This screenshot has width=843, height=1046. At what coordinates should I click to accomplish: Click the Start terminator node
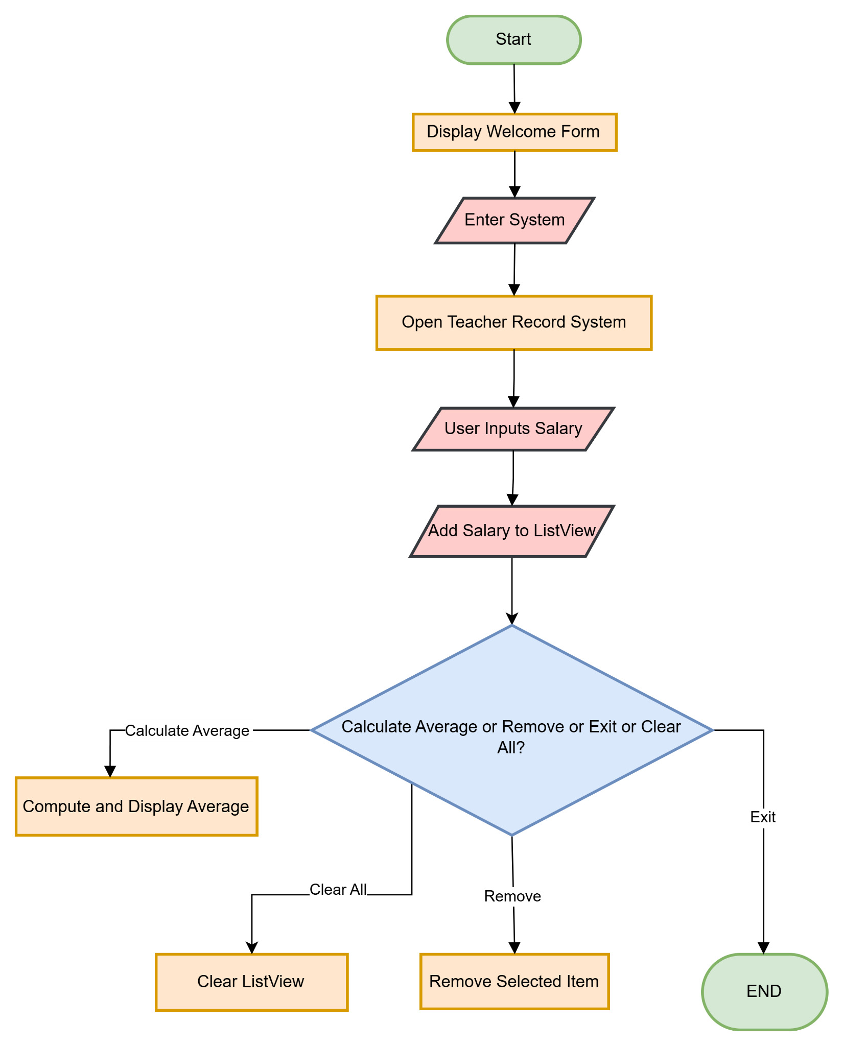513,40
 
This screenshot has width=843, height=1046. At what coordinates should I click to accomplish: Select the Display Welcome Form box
514,132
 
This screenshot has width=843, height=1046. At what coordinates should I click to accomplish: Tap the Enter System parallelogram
514,220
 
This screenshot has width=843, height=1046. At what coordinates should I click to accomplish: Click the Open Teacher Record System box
513,322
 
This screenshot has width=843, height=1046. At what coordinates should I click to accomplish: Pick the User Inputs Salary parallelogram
513,429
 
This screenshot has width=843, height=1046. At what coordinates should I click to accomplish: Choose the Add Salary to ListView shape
512,531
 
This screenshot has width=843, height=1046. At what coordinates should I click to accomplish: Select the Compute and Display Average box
136,806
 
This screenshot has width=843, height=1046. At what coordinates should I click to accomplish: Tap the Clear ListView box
251,982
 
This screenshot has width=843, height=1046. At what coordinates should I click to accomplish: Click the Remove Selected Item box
514,981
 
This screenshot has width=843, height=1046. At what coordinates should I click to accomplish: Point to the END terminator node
764,991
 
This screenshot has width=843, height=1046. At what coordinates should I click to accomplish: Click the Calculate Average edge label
187,731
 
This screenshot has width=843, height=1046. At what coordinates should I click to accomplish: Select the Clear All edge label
338,890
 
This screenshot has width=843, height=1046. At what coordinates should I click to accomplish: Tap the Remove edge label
512,896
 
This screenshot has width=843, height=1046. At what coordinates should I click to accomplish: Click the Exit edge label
763,817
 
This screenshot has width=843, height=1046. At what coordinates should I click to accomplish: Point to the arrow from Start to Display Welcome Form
514,87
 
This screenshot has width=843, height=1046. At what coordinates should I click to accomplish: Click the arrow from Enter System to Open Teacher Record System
514,268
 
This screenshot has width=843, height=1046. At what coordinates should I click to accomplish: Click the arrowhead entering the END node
763,948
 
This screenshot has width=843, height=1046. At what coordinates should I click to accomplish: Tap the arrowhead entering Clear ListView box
252,948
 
